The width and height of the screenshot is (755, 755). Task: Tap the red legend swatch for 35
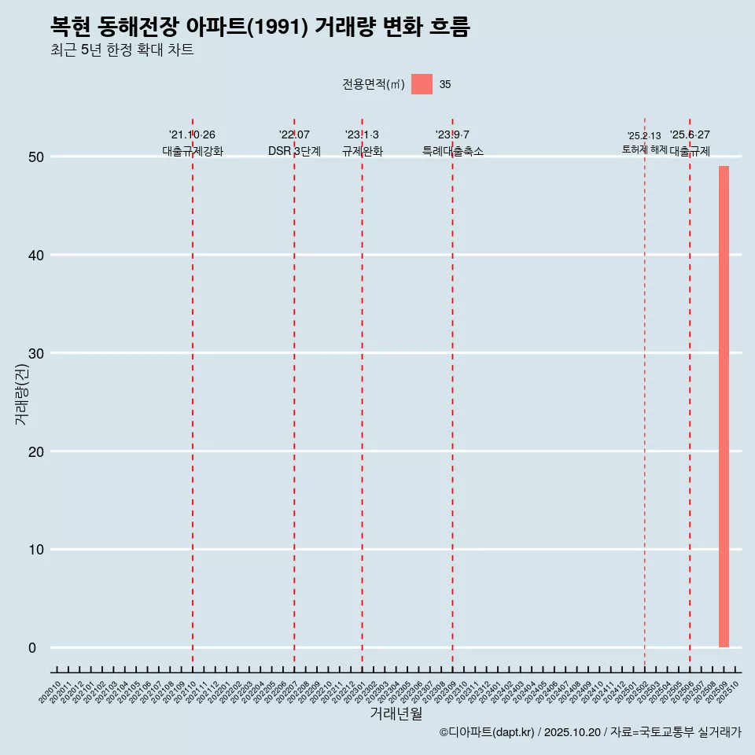(422, 84)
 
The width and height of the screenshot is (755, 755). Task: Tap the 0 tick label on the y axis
(32, 648)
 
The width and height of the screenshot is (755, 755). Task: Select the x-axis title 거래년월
(396, 714)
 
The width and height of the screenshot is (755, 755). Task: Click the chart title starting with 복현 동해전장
(260, 28)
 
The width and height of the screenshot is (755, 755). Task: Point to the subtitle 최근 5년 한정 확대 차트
(122, 50)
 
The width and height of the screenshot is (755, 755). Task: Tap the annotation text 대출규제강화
(193, 151)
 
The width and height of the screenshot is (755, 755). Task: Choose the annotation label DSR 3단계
(294, 151)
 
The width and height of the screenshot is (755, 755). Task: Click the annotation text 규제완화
(362, 151)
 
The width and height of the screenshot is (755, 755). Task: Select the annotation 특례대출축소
(452, 151)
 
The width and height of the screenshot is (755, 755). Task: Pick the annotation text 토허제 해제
(644, 149)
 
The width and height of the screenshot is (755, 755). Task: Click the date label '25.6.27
(690, 135)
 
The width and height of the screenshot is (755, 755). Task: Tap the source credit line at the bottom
(590, 733)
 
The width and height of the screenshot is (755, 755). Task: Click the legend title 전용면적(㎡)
(374, 85)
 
